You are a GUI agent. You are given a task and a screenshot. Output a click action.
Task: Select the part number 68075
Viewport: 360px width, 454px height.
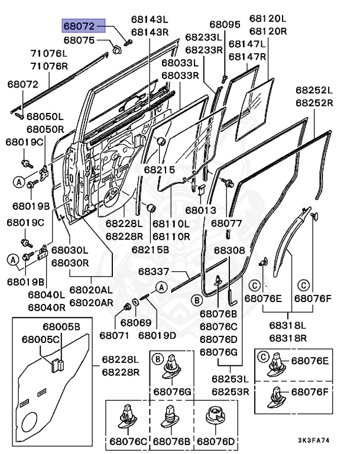79,40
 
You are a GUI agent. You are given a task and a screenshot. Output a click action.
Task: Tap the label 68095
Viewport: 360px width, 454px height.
225,24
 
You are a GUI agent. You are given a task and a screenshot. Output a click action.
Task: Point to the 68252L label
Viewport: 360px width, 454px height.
314,90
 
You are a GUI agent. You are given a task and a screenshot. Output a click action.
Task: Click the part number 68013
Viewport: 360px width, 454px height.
201,210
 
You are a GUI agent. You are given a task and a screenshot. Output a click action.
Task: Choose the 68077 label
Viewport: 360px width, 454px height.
226,223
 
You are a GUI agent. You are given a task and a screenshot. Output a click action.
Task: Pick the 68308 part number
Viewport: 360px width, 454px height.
229,250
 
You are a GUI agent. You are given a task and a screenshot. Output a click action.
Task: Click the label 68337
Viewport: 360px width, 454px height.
154,271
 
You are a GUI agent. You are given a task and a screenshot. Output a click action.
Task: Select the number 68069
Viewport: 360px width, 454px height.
136,323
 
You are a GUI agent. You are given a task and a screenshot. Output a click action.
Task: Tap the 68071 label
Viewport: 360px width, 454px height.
114,335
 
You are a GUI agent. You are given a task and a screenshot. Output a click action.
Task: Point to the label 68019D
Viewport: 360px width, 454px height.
157,335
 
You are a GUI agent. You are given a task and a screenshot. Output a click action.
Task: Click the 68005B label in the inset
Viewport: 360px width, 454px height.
61,326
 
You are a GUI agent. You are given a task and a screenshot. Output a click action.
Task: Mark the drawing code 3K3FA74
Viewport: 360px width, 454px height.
314,440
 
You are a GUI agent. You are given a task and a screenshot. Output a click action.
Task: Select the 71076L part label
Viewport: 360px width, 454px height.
49,53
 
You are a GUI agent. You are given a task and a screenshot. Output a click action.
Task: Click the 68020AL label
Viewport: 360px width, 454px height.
91,290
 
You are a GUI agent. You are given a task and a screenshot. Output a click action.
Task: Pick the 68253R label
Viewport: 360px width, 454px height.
231,392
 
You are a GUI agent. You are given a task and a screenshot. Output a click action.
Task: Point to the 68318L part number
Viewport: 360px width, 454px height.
288,325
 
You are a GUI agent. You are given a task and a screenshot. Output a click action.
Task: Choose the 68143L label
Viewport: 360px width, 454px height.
150,19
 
